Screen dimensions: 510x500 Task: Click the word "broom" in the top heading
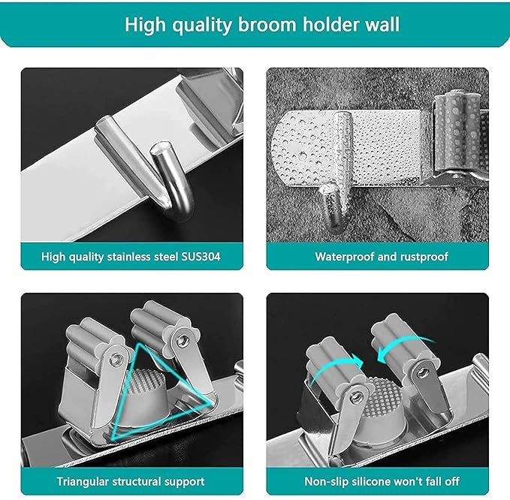tap(267, 24)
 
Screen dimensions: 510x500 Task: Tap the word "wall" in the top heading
tap(382, 24)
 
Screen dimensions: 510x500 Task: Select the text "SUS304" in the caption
tap(201, 257)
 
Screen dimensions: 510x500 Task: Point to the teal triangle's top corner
tap(140, 344)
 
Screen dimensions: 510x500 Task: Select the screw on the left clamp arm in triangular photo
tap(115, 359)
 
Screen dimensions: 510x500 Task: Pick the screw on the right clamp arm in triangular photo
tap(180, 341)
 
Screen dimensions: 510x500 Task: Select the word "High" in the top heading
tap(146, 25)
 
